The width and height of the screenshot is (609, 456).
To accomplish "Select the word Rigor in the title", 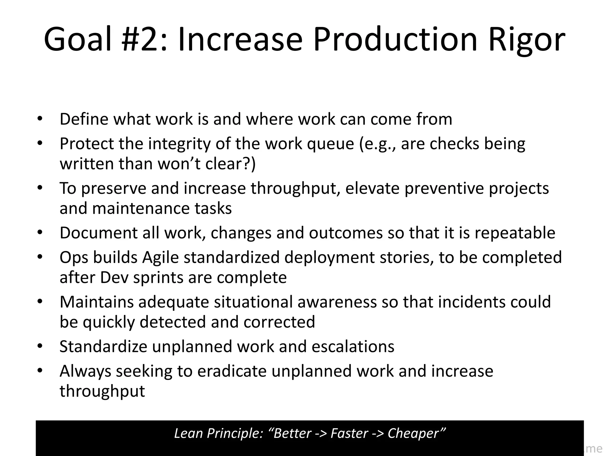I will click(x=526, y=39).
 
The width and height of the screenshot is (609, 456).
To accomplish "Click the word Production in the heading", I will click(x=395, y=39).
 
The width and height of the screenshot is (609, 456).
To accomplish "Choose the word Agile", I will click(x=160, y=257).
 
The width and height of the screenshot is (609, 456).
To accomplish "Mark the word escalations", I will click(x=353, y=346).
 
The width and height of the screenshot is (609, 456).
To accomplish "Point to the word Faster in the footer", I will click(x=349, y=433).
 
